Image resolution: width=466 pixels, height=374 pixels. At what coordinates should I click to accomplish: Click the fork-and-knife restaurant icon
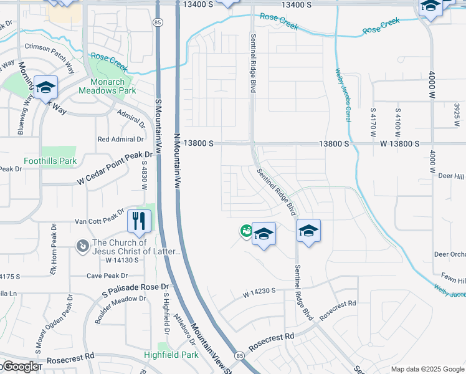[x=139, y=221]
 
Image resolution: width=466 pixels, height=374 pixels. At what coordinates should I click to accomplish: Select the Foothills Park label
[x=50, y=161]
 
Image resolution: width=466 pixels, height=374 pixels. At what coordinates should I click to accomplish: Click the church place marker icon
[x=82, y=247]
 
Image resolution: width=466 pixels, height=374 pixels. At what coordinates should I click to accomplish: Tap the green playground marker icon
[x=246, y=231]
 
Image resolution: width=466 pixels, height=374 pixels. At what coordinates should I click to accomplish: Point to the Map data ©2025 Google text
[x=427, y=369]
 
